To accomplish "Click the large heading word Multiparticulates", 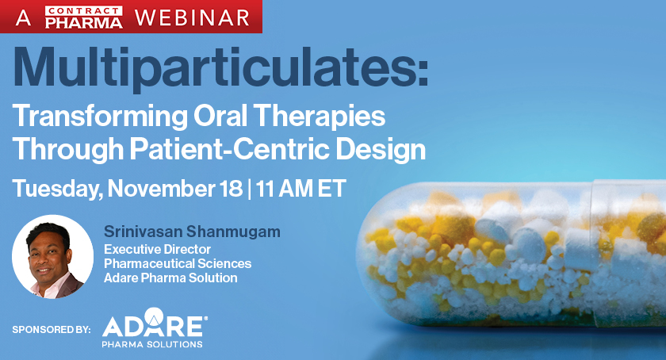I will (219, 69).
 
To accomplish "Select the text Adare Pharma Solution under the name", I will (171, 278).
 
